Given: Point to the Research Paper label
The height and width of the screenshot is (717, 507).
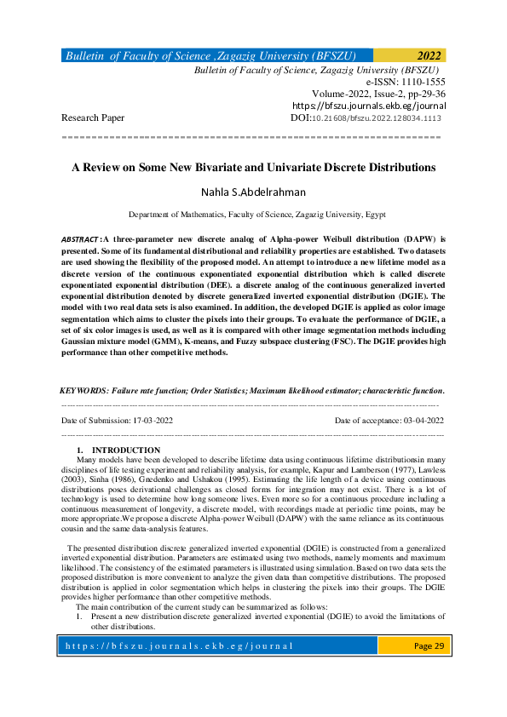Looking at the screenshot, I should click(x=93, y=118).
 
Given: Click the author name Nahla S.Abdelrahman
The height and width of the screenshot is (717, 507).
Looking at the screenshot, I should click(x=253, y=192).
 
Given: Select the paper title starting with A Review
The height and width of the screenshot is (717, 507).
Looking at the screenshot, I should click(x=253, y=168).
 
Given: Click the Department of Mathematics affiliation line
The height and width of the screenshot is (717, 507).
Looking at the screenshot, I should click(x=253, y=216).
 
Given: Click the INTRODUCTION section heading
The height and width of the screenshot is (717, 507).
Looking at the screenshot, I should click(x=125, y=450).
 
